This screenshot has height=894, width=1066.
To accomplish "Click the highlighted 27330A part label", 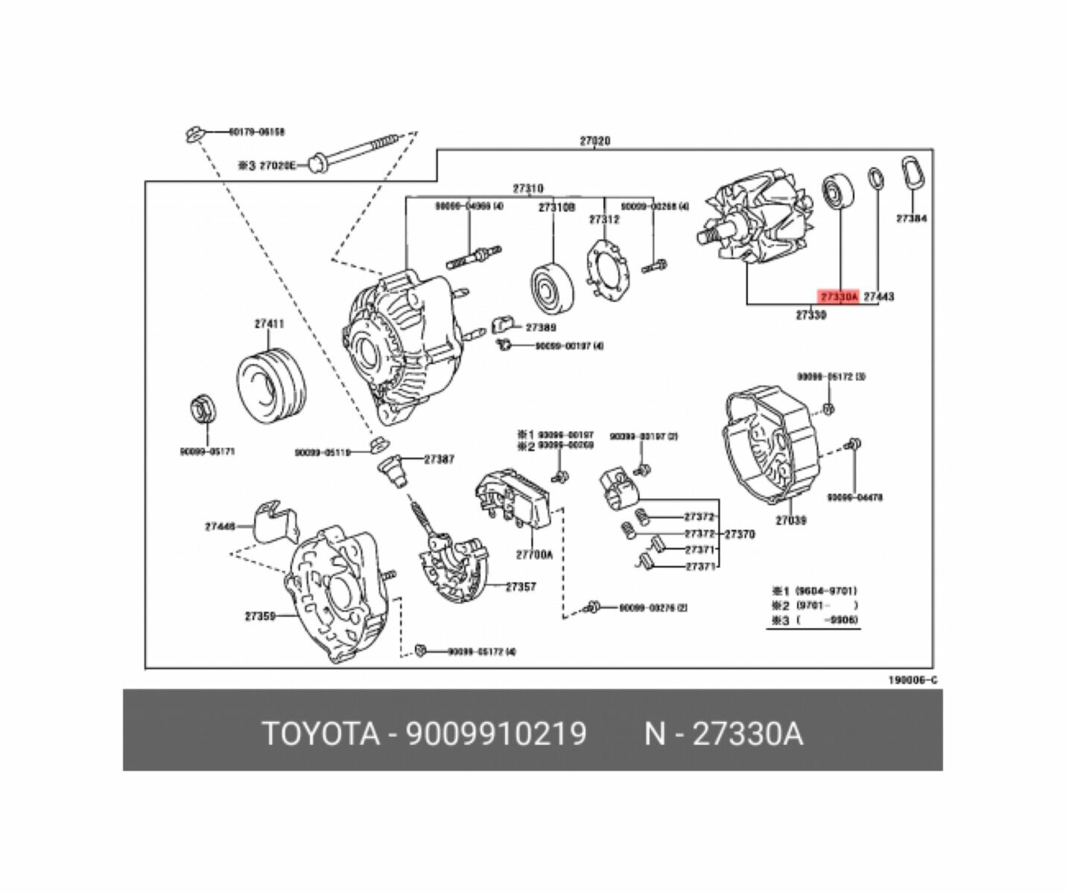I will pyautogui.click(x=839, y=297).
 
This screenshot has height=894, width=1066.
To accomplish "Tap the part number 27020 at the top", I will pyautogui.click(x=594, y=141).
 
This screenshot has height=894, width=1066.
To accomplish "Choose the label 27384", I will pyautogui.click(x=911, y=219).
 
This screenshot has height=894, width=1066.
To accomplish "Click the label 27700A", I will pyautogui.click(x=534, y=554).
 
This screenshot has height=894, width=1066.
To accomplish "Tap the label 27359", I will pyautogui.click(x=260, y=616).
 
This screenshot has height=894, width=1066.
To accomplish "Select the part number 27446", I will pyautogui.click(x=220, y=526).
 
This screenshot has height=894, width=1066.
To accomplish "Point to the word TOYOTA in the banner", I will pyautogui.click(x=320, y=734).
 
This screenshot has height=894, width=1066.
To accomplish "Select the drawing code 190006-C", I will pyautogui.click(x=912, y=680).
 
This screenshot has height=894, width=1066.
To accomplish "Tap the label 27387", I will pyautogui.click(x=439, y=460).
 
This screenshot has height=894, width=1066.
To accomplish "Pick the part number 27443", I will pyautogui.click(x=879, y=297).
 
